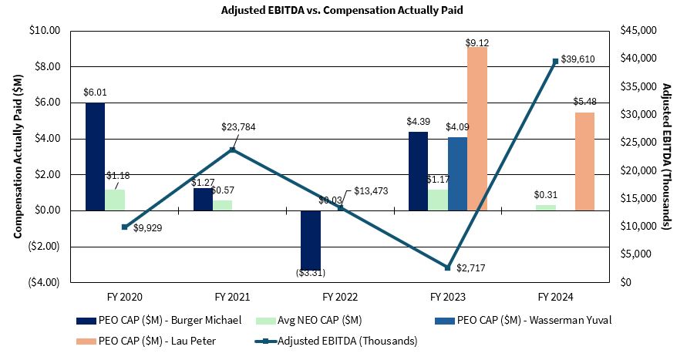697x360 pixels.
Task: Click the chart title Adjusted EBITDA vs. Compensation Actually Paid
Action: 348,10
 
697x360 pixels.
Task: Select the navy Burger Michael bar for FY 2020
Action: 95,156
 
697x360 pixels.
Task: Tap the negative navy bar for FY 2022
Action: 311,239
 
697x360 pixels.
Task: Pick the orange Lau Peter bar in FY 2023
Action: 477,129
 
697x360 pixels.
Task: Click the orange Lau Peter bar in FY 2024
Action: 584,161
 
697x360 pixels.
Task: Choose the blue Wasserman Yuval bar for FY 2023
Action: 457,173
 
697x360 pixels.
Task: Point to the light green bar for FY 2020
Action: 115,200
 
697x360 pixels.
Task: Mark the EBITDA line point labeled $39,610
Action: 554,61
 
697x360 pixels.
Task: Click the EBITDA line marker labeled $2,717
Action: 447,267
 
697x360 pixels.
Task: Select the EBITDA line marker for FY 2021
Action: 232,150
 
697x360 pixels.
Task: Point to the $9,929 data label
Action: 146,227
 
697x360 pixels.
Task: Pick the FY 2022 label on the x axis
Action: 339,296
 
